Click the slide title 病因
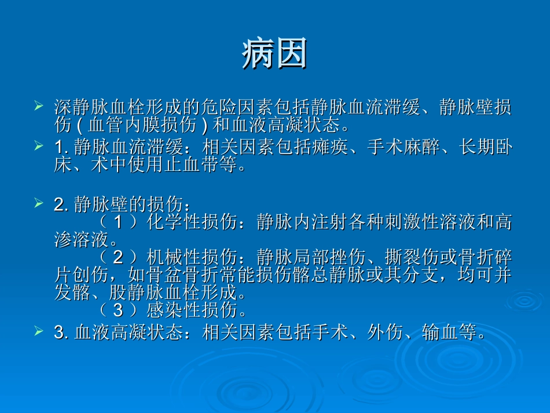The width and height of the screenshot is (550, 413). (x=274, y=55)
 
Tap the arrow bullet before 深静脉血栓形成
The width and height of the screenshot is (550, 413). (x=39, y=106)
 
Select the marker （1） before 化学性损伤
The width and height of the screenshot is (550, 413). (x=119, y=223)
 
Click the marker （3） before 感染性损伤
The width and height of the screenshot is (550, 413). (x=119, y=310)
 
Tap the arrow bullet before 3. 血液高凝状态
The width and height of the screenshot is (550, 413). (x=39, y=331)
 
